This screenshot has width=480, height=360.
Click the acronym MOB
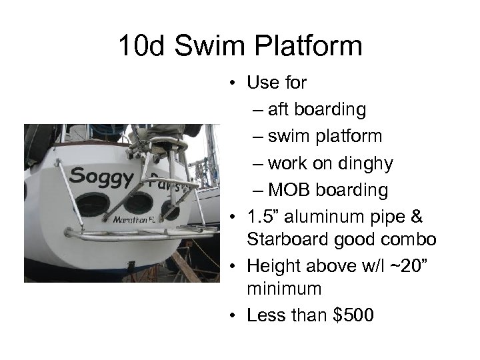coord(291,190)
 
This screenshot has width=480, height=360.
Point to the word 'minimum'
coord(284,289)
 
